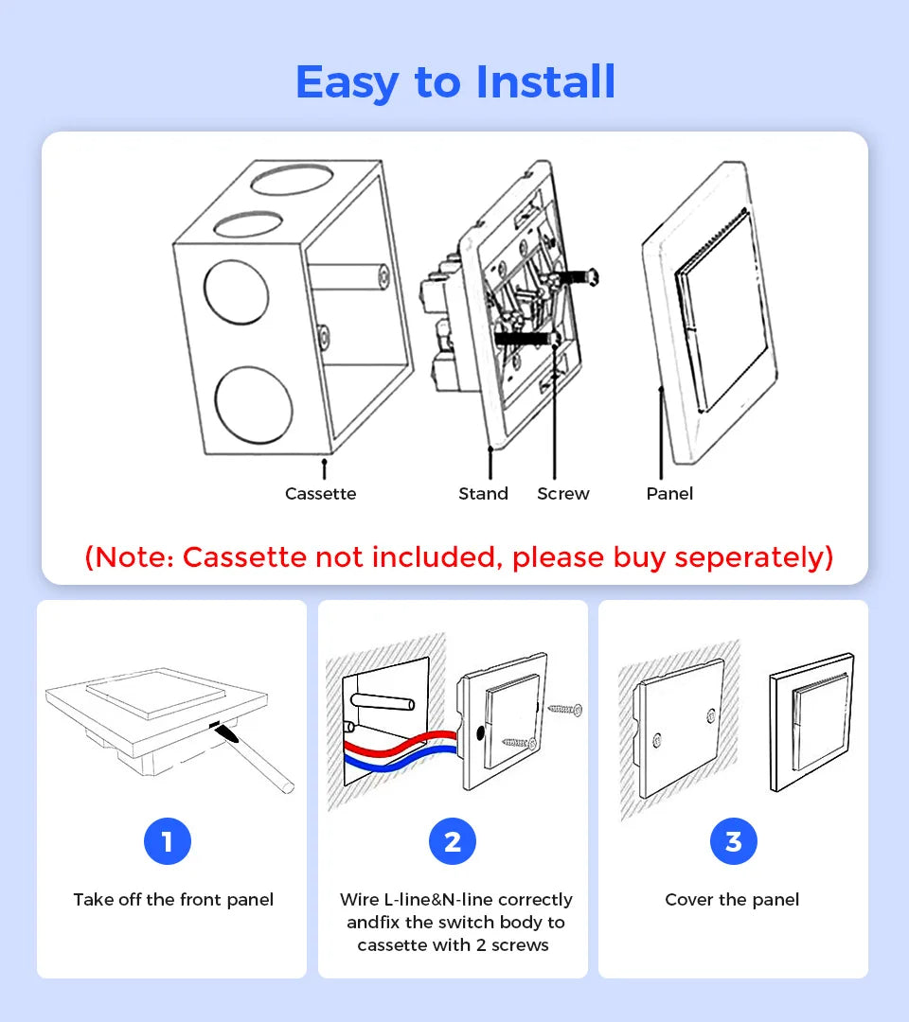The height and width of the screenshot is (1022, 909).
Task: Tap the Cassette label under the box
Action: coord(321,494)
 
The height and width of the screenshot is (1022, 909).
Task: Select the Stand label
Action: coord(483,494)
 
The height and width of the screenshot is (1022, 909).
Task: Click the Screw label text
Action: coord(563,494)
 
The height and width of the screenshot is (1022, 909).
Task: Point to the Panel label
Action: coord(669,494)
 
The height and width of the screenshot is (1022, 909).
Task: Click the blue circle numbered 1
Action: coord(168,841)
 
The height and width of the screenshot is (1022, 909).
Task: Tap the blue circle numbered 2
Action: coord(453,841)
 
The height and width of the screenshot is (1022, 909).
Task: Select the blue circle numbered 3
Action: coord(733,841)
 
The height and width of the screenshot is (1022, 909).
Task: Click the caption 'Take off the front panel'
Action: coord(173,900)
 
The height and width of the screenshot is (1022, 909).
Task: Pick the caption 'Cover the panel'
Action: coord(732,900)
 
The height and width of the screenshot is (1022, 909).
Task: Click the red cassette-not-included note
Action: coord(458,557)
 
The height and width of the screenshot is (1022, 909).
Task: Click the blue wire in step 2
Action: coord(398,758)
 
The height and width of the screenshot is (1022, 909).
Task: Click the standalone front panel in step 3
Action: coord(811,721)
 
